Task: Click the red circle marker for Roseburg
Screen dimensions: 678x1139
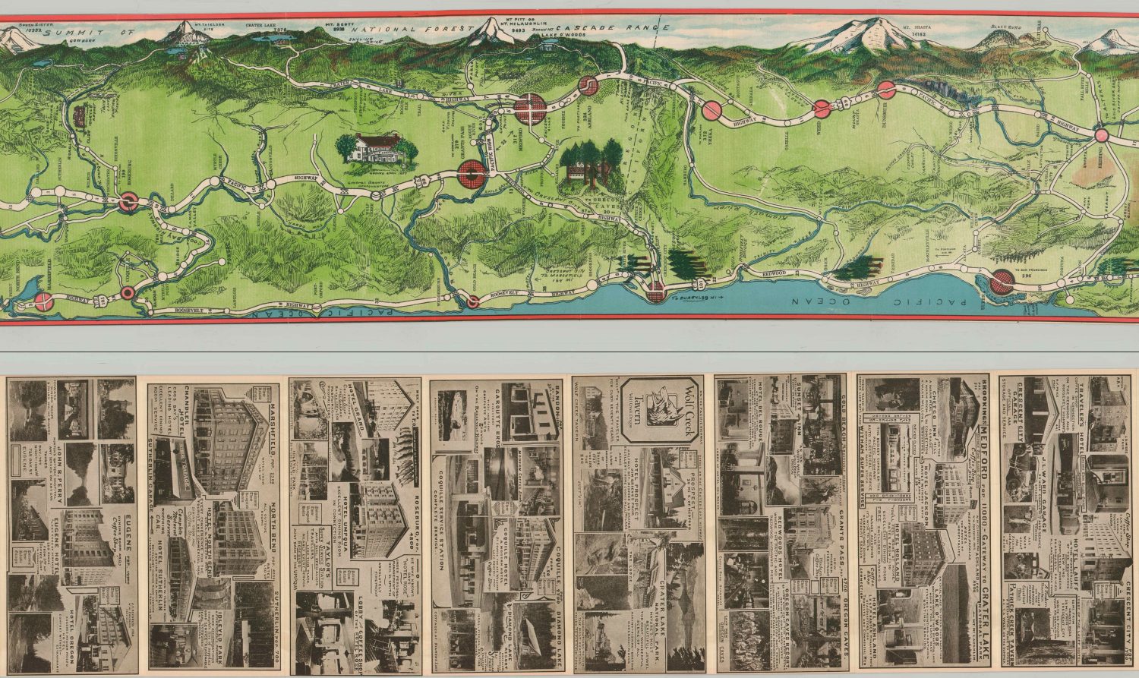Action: (128, 203)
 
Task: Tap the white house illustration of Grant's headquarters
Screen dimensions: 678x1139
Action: (374, 149)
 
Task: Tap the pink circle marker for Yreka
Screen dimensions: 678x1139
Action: (711, 111)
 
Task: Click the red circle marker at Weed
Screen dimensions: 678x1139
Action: (822, 109)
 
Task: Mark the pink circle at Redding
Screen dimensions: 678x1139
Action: (1103, 136)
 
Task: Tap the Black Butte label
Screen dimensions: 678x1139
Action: (1002, 26)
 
